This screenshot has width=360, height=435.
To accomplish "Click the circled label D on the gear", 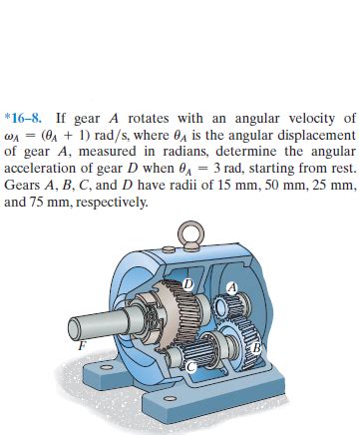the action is click(188, 284).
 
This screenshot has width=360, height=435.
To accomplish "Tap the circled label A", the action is click(232, 287).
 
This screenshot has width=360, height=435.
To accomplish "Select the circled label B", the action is click(256, 348).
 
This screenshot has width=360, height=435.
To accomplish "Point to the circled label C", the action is click(190, 367).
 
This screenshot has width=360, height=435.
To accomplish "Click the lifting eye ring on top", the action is click(190, 232).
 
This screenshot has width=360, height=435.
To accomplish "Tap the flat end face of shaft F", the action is click(76, 327).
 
